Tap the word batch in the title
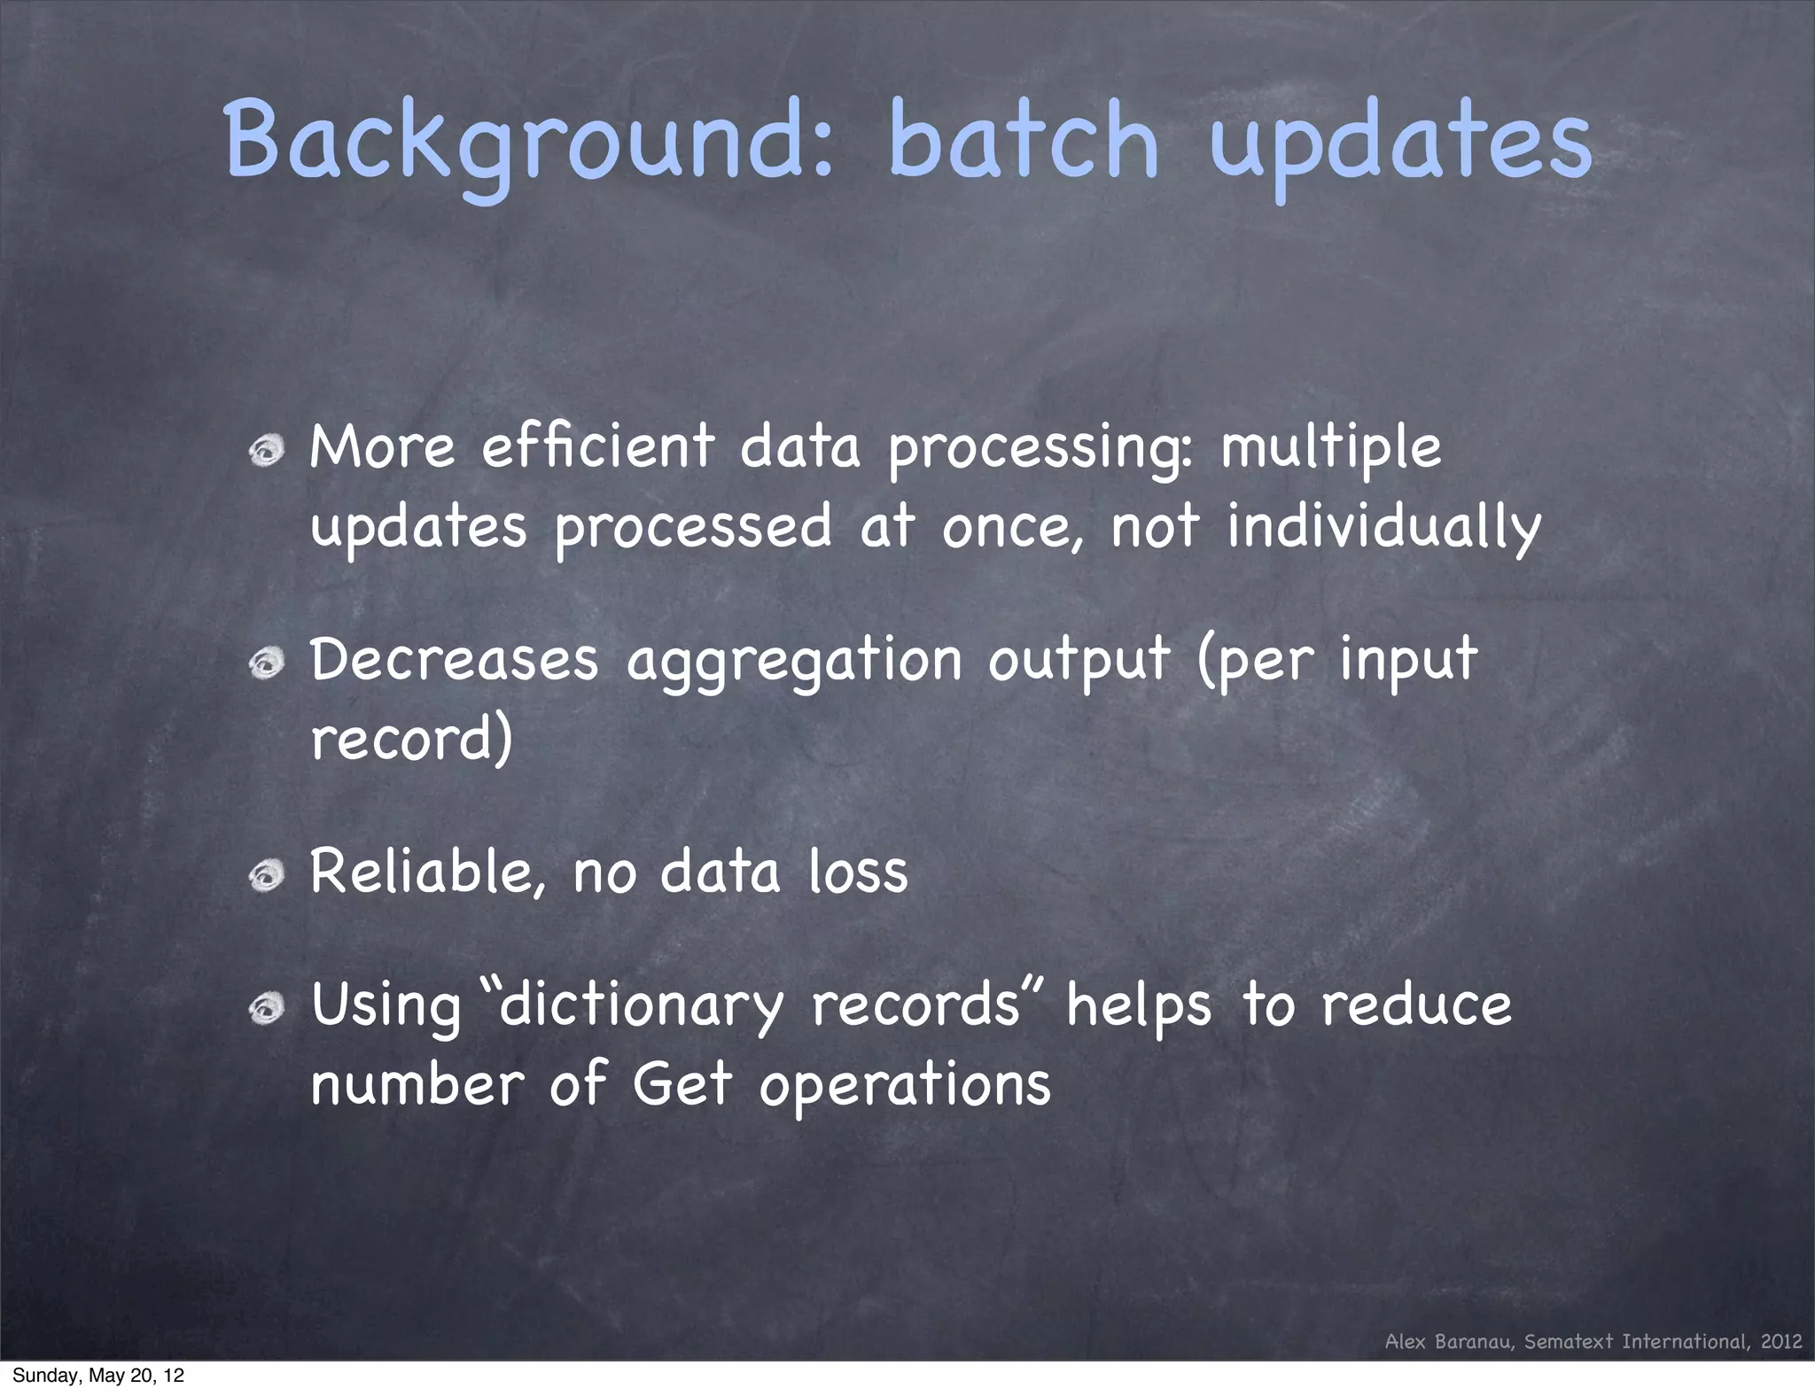click(x=1024, y=140)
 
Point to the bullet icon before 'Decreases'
click(x=266, y=663)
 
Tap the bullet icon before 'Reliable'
click(x=266, y=876)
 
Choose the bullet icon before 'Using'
click(x=266, y=1009)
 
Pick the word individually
click(x=1383, y=526)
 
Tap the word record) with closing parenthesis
click(x=411, y=739)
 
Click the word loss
click(x=858, y=872)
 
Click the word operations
click(x=905, y=1086)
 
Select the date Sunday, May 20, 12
click(x=98, y=1376)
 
